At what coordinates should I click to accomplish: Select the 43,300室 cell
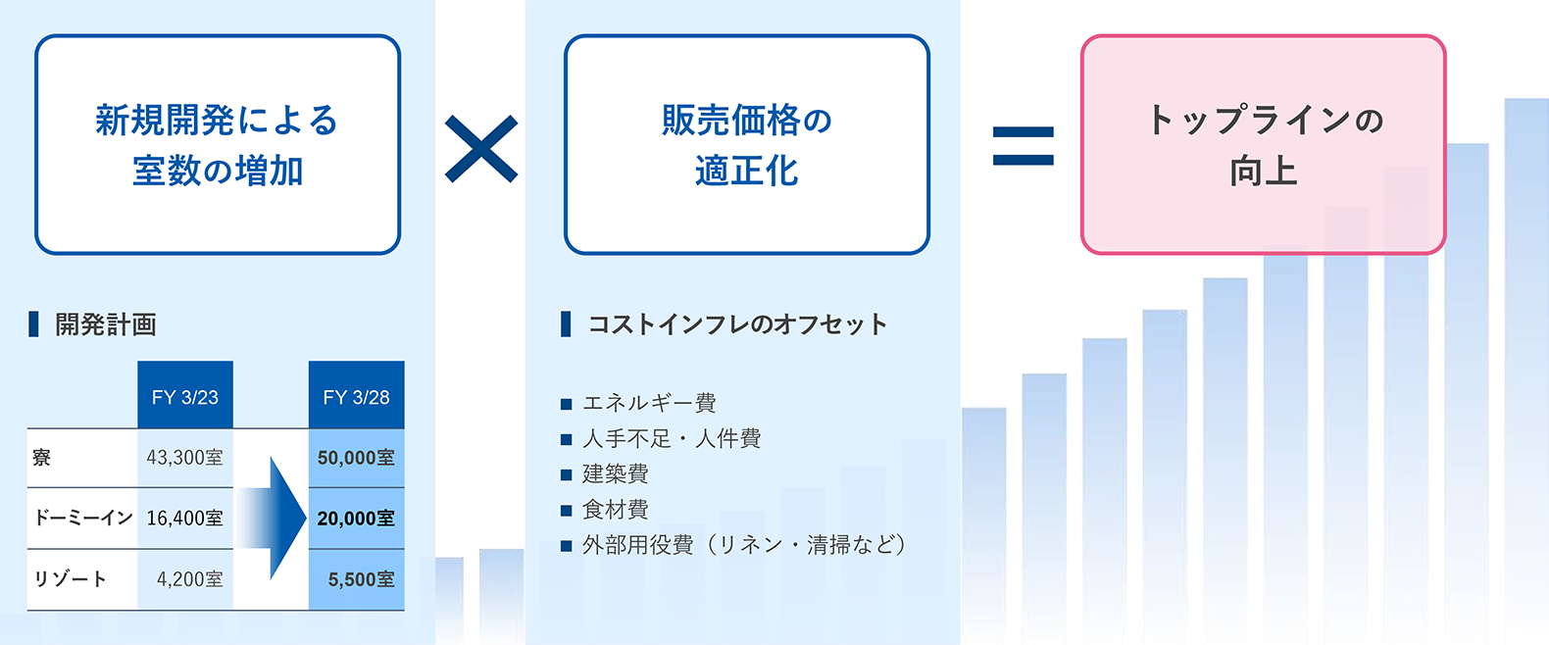(185, 458)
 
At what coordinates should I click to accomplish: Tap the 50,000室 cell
(356, 458)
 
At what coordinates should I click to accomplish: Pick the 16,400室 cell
(185, 518)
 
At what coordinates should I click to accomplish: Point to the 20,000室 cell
(356, 518)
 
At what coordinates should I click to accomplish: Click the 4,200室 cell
(185, 579)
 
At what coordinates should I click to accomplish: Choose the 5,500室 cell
(356, 579)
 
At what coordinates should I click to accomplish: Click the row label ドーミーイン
(83, 518)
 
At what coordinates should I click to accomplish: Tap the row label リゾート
(70, 579)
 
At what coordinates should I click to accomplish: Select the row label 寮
(41, 458)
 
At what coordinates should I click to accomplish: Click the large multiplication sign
(481, 149)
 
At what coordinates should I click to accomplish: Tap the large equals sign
(1023, 146)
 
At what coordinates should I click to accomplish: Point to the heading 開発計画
(106, 324)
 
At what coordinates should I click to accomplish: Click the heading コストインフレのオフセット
(737, 324)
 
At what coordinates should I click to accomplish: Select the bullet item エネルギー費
(649, 402)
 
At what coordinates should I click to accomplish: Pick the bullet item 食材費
(616, 510)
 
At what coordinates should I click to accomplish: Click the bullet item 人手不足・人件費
(672, 438)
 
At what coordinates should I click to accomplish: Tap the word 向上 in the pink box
(1263, 171)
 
